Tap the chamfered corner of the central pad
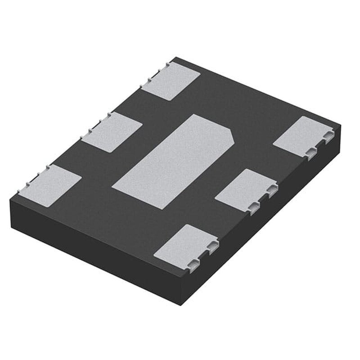click(231, 135)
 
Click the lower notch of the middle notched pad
click(254, 206)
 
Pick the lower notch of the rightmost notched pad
click(311, 153)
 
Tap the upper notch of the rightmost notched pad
click(328, 137)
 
